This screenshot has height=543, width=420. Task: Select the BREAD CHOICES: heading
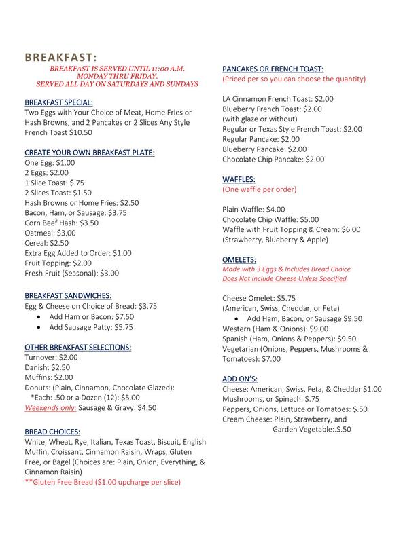(53, 431)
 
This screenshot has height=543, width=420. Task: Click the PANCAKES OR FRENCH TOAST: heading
(273, 69)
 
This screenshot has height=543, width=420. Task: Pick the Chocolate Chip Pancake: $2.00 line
(274, 159)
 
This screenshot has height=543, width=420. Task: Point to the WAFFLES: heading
(239, 179)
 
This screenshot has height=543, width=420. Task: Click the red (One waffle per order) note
(260, 189)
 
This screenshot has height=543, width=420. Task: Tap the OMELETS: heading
(240, 259)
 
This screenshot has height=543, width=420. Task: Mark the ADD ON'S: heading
(239, 378)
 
